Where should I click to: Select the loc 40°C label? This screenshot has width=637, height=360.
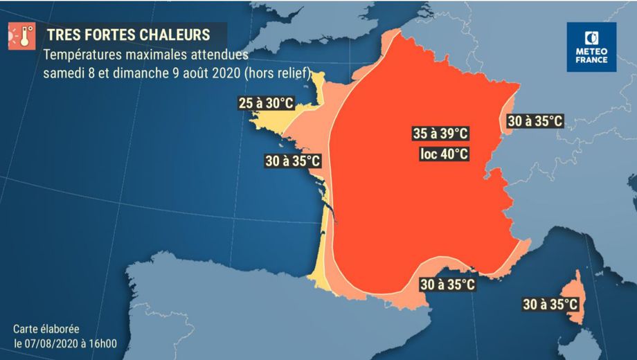pos(444,154)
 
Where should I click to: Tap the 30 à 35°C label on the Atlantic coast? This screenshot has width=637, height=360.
pos(293,161)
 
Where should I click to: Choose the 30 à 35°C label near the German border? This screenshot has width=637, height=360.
pos(534,121)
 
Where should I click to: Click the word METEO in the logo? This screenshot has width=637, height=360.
pos(591,51)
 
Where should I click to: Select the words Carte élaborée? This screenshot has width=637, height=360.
pos(46,329)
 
